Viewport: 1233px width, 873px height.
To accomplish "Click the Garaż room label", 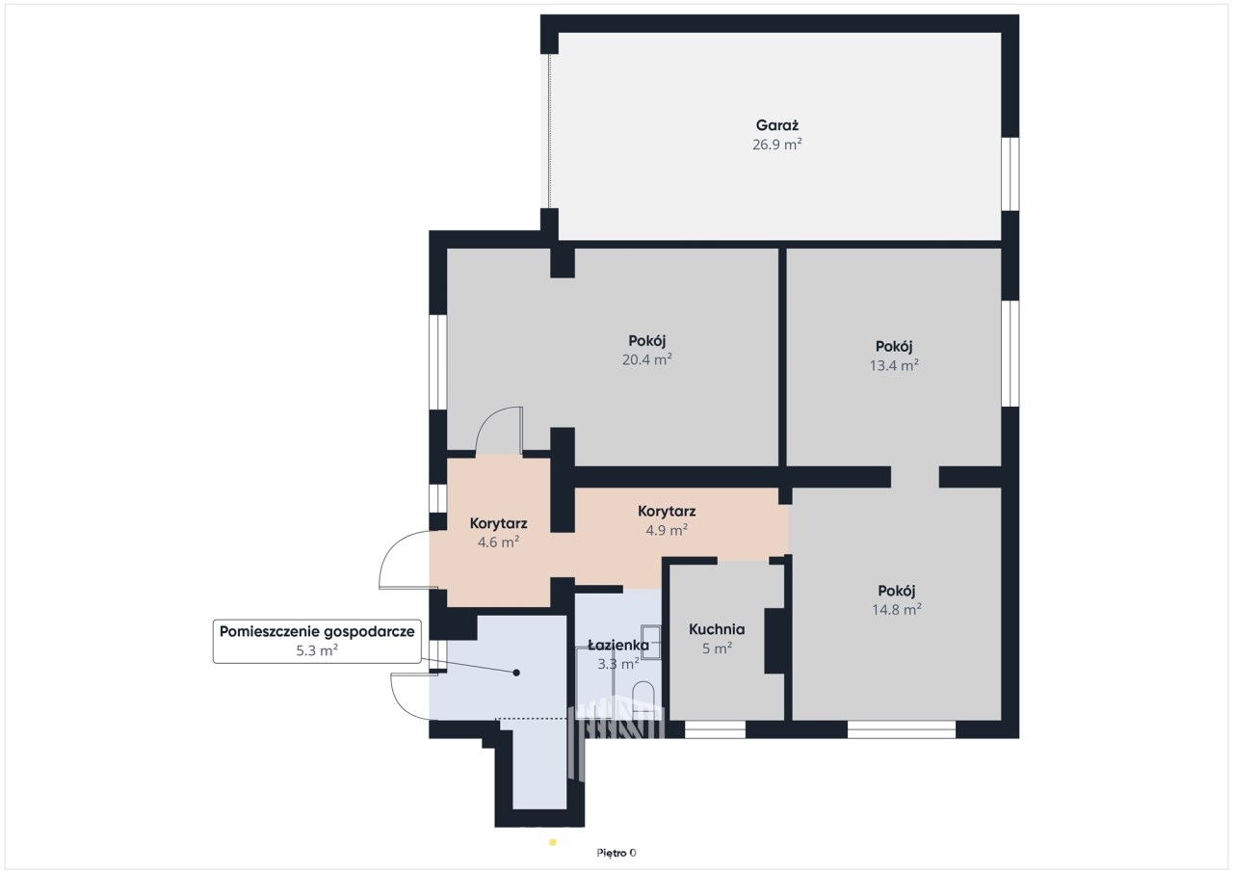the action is pyautogui.click(x=776, y=126).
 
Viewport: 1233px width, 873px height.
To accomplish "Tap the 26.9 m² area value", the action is pyautogui.click(x=776, y=145).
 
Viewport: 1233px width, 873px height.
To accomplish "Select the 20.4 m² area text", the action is pyautogui.click(x=646, y=360).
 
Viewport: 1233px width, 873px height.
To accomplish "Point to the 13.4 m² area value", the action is pyautogui.click(x=894, y=365).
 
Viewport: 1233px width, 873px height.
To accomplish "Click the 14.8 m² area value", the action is pyautogui.click(x=897, y=610).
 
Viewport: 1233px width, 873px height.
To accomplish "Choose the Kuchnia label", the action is pyautogui.click(x=717, y=629).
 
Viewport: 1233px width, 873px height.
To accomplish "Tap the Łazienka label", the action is pyautogui.click(x=618, y=646).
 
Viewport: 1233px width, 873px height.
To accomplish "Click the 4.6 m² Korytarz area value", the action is pyautogui.click(x=498, y=542).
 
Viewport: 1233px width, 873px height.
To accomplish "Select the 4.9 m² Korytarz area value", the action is pyautogui.click(x=667, y=530).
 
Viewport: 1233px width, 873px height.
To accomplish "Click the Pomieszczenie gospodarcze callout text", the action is pyautogui.click(x=317, y=632).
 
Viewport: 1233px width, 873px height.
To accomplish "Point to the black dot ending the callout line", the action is pyautogui.click(x=516, y=673).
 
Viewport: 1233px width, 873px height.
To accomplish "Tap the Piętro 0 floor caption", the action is pyautogui.click(x=616, y=853).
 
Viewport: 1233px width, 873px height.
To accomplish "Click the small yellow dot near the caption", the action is pyautogui.click(x=553, y=843).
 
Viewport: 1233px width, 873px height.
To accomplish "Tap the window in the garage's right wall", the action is pyautogui.click(x=1010, y=174).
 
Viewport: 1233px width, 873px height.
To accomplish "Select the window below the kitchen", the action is pyautogui.click(x=715, y=729).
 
